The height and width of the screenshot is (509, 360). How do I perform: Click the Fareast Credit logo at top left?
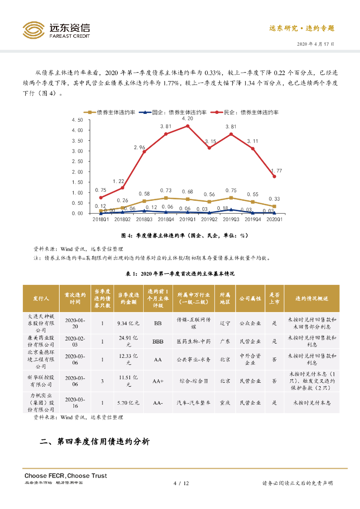click(x=56, y=30)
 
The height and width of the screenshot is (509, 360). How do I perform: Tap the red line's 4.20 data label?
click(x=187, y=119)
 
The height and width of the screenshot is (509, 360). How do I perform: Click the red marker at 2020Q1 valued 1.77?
click(x=274, y=176)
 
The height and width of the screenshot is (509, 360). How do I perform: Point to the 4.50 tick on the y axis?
click(x=77, y=120)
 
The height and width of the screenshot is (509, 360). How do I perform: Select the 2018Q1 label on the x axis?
click(x=101, y=219)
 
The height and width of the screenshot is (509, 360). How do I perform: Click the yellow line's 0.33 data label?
click(x=274, y=199)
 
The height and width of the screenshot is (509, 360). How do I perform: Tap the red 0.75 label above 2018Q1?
click(x=100, y=190)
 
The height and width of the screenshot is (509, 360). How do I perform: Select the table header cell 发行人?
click(x=41, y=299)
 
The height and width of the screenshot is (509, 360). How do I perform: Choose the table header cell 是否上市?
click(x=273, y=299)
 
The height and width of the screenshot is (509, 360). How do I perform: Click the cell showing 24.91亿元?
click(x=127, y=341)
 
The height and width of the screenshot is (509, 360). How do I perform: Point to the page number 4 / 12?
click(x=180, y=483)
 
